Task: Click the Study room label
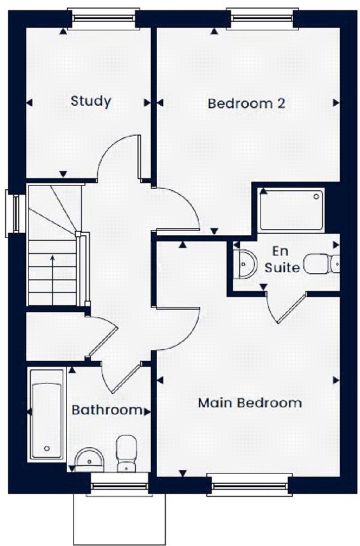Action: coord(91,101)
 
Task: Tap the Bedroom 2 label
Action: coord(247,103)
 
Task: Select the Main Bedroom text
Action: coord(250,403)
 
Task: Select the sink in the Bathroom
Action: coord(89,458)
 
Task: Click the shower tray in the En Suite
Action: coord(291,209)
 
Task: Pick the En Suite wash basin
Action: coord(245,264)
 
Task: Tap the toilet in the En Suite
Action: coord(322,264)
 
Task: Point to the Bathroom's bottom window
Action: coord(120,486)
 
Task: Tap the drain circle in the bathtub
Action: coord(47,448)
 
